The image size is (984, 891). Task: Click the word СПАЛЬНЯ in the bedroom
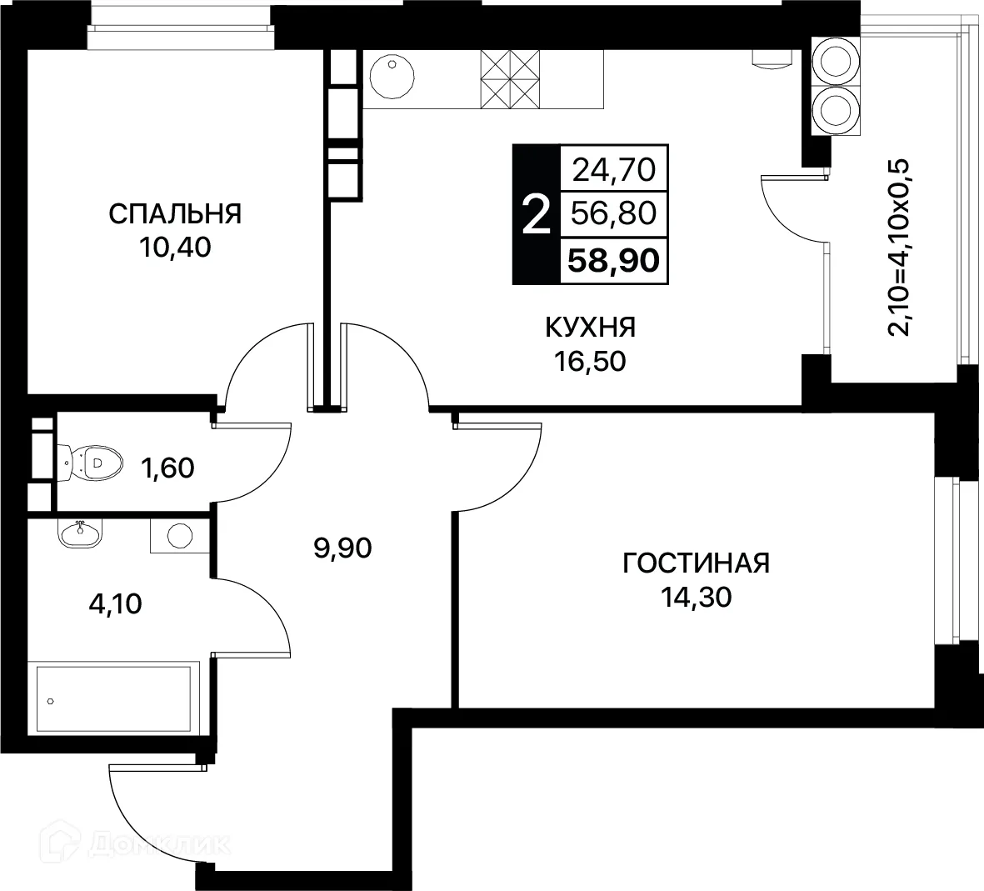(175, 214)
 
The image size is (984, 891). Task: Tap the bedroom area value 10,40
(175, 248)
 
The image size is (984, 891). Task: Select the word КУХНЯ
(590, 328)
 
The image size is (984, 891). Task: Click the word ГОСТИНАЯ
(697, 563)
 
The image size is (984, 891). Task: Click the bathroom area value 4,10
(115, 603)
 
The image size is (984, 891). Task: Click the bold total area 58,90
(613, 260)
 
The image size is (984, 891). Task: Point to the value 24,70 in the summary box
(614, 171)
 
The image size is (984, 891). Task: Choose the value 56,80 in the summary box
(614, 214)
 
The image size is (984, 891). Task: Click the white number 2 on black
(535, 215)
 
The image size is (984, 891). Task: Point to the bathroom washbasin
(80, 533)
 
